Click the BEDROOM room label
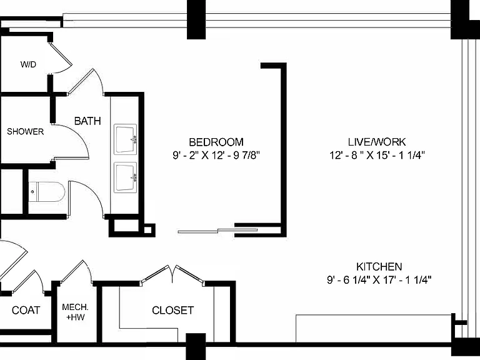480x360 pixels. (x=216, y=142)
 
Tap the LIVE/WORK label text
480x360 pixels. (x=377, y=142)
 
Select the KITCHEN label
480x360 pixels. (x=379, y=267)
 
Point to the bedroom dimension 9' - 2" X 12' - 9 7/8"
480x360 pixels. (x=216, y=156)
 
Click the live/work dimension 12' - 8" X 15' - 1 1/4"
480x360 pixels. (x=377, y=155)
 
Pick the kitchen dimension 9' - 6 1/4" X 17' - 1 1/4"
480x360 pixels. (x=379, y=280)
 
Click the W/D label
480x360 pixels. (x=28, y=64)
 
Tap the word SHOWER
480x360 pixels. (x=26, y=132)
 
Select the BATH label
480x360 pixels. (x=87, y=121)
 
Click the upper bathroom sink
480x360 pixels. (x=125, y=139)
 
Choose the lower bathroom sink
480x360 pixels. (x=125, y=177)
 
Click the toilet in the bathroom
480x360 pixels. (x=47, y=192)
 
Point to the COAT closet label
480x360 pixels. (x=26, y=310)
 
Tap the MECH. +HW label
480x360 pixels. (x=75, y=312)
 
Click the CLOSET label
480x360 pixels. (x=172, y=310)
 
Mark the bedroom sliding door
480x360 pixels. (x=217, y=231)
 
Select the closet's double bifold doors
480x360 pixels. (x=172, y=274)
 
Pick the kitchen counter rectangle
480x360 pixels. (x=374, y=329)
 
